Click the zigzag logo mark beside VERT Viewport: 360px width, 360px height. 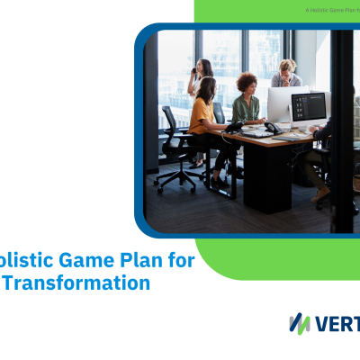300,323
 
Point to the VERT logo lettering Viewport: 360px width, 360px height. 337,323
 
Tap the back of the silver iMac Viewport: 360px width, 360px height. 285,104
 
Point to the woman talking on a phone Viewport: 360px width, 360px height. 199,79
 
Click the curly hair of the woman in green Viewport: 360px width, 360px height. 246,83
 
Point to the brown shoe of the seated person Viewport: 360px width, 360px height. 321,193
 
